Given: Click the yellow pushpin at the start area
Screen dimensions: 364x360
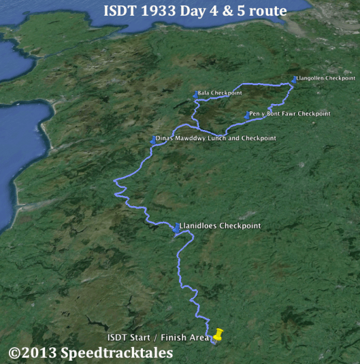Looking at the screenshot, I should [x=218, y=334].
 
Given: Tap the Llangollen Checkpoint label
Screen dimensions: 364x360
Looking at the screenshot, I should [x=326, y=78].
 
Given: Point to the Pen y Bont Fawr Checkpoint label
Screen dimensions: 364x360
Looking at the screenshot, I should [x=290, y=114].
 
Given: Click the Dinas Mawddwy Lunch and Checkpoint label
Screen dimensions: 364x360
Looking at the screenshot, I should [x=216, y=138].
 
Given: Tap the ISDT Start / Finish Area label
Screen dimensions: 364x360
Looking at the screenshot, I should [x=157, y=338].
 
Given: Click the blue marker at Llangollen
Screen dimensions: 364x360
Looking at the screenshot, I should [x=294, y=79].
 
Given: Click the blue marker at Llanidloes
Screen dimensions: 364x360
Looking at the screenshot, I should [x=176, y=227].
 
